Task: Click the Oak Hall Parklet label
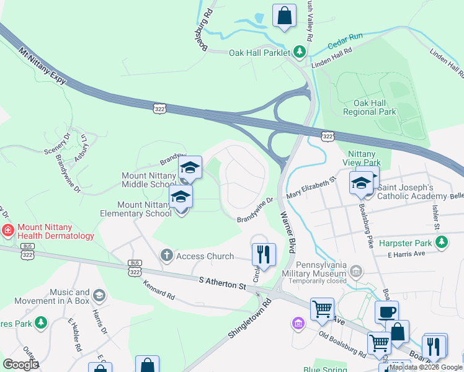(259, 53)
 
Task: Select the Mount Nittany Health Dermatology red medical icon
(7, 231)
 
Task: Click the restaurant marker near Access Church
(264, 254)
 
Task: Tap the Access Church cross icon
(166, 255)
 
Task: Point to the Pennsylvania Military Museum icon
(356, 270)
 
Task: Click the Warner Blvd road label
(287, 232)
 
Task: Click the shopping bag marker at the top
(284, 16)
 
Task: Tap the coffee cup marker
(386, 312)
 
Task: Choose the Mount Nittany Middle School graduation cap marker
(190, 167)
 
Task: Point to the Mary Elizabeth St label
(310, 188)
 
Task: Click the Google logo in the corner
(20, 364)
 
